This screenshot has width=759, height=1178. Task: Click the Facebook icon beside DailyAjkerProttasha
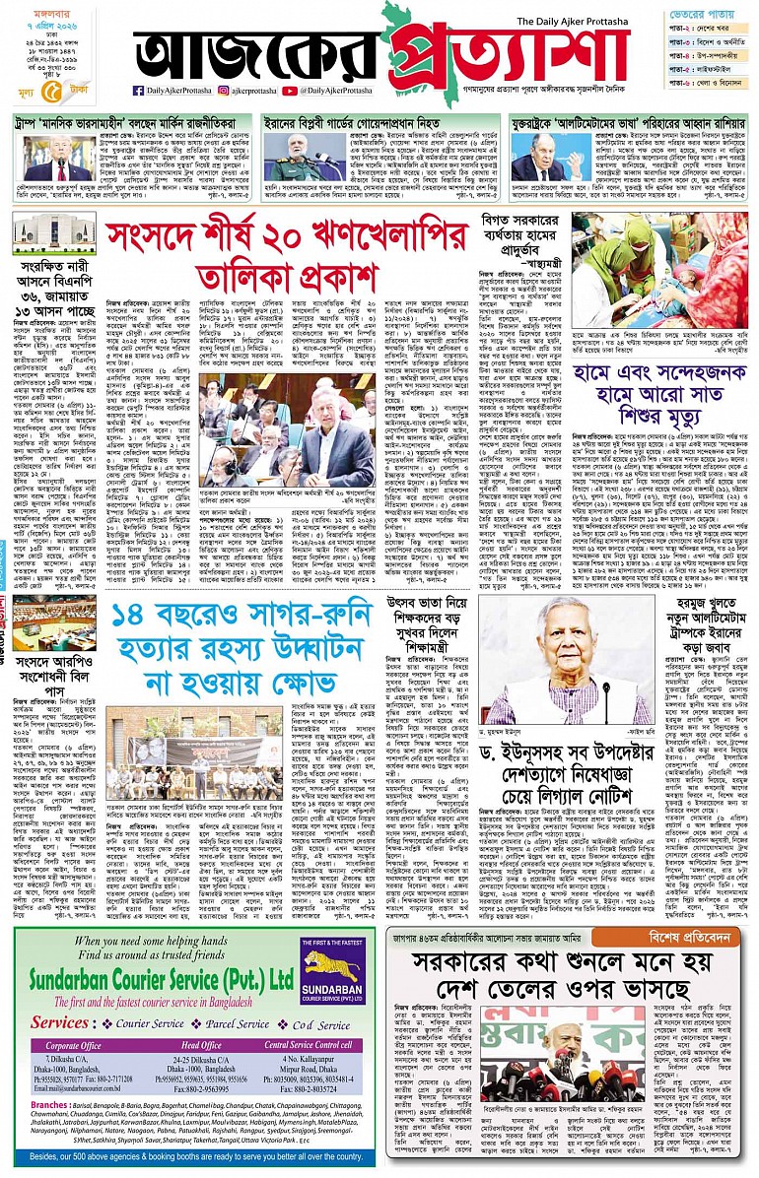click(x=139, y=91)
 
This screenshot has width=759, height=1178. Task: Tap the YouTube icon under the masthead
click(x=290, y=91)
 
